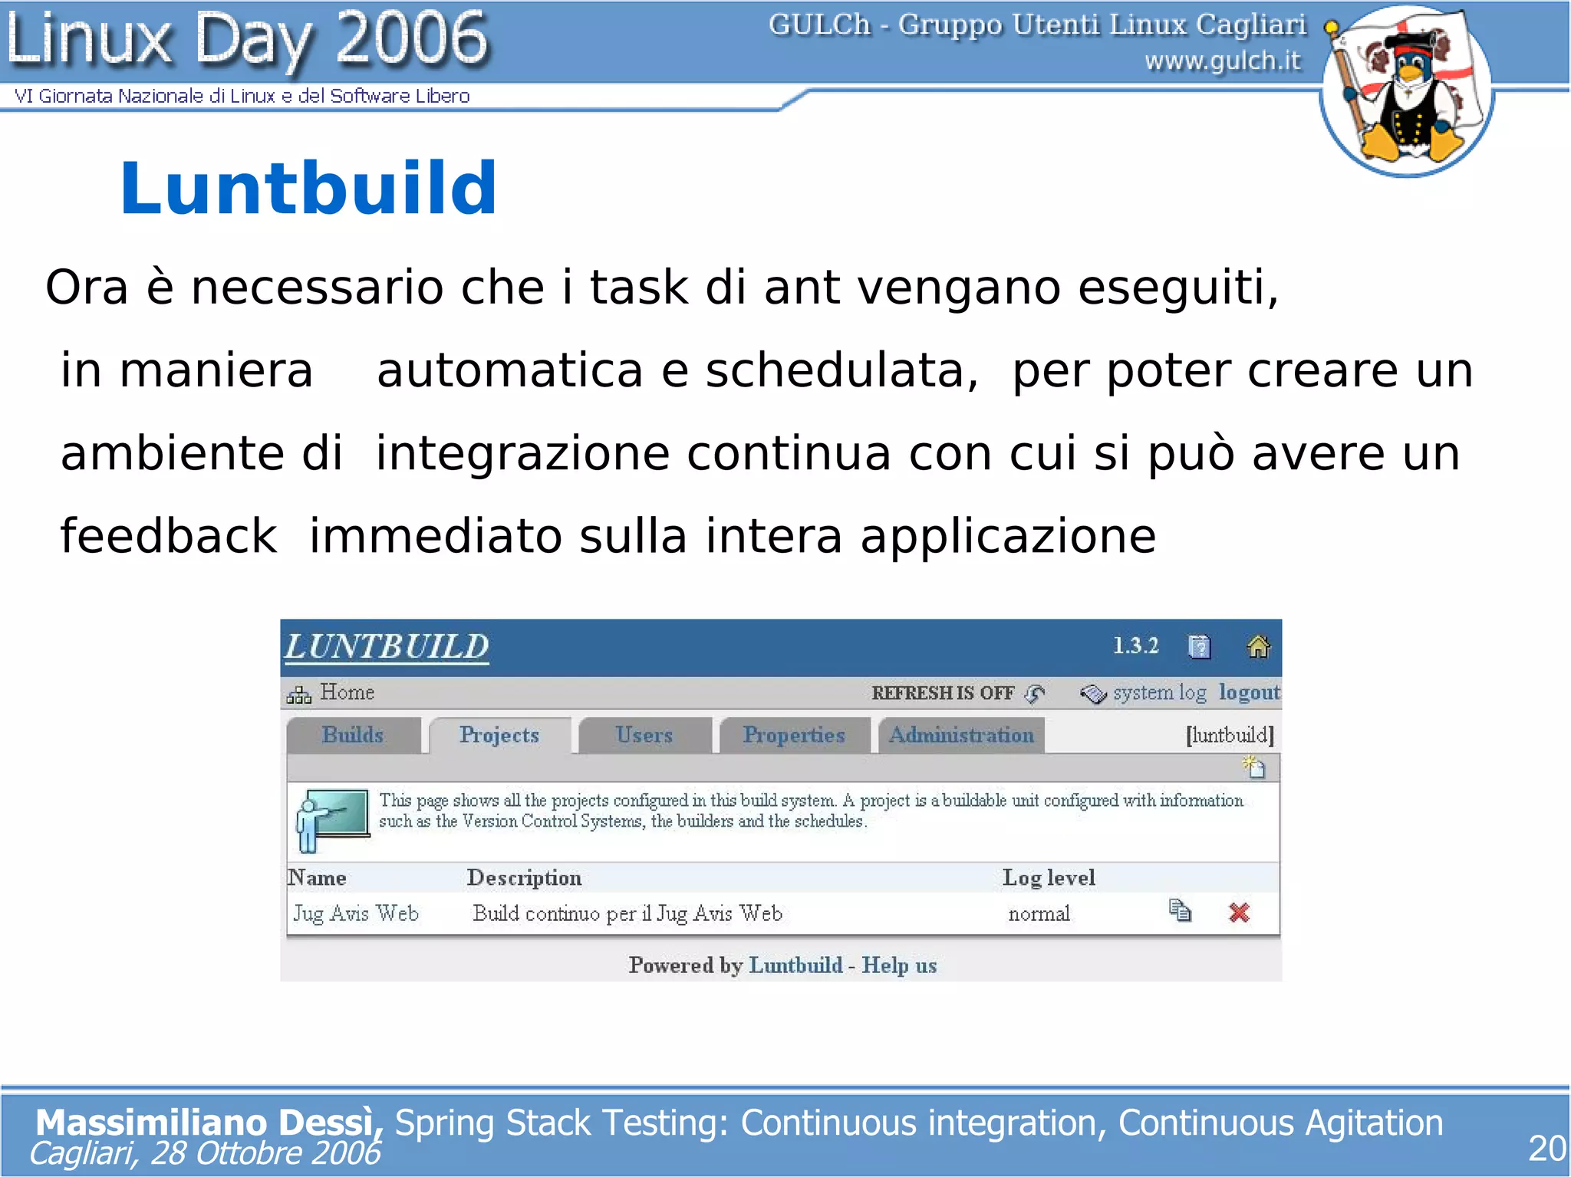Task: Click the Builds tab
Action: tap(353, 735)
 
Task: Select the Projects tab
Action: tap(499, 735)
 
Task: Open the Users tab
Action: tap(644, 735)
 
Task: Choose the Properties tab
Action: tap(794, 735)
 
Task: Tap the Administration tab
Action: tap(961, 735)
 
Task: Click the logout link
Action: tap(1250, 692)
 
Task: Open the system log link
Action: tap(1159, 692)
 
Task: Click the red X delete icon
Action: tap(1239, 912)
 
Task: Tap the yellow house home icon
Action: tap(1258, 646)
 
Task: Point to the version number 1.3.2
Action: tap(1136, 646)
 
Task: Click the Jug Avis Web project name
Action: tap(356, 913)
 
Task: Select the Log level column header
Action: tap(1049, 877)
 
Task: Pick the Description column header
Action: tap(524, 877)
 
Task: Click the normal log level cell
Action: tap(1039, 914)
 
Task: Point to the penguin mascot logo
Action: tap(1406, 90)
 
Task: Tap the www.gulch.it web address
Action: tap(1223, 60)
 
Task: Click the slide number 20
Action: tap(1546, 1149)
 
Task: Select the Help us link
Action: tap(899, 965)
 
